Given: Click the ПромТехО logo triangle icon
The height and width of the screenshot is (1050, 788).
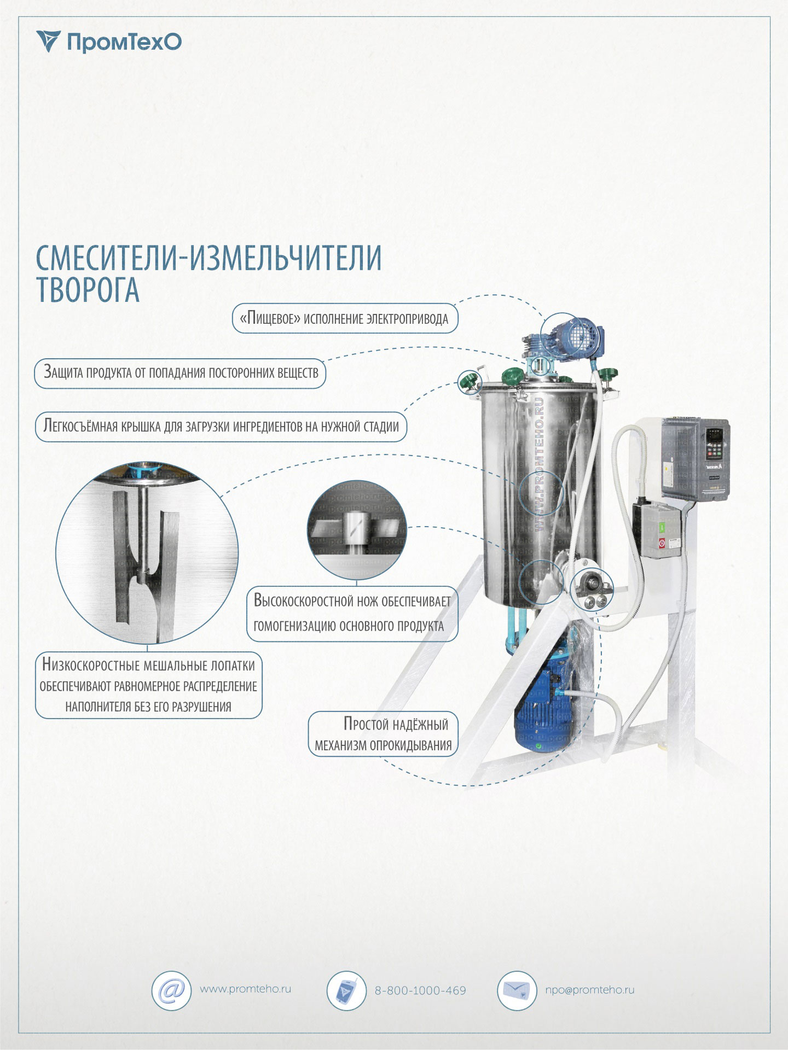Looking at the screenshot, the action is [x=48, y=41].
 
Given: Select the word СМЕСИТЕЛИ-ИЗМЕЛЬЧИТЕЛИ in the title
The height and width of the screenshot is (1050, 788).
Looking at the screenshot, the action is [x=208, y=258].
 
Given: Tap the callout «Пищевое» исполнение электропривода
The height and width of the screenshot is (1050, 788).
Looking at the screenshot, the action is [x=345, y=318].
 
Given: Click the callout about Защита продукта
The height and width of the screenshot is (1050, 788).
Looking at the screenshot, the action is [x=180, y=373].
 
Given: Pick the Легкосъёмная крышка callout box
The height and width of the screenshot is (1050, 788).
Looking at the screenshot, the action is [x=221, y=426].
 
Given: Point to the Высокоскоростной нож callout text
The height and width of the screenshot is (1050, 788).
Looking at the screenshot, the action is [x=352, y=613].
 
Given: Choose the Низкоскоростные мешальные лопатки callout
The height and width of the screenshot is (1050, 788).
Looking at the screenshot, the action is [x=148, y=685].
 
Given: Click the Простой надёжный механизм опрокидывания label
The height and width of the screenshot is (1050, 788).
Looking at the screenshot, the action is [x=383, y=734].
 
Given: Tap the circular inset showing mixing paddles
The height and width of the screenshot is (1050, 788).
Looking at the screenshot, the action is [x=147, y=553].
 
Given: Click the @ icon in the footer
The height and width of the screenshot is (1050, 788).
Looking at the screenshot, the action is [x=171, y=990].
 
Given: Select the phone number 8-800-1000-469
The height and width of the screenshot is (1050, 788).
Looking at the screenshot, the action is [x=420, y=990].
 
